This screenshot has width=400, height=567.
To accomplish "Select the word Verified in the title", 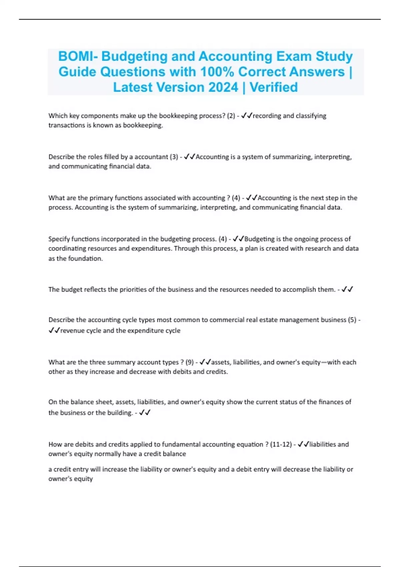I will point(274,87).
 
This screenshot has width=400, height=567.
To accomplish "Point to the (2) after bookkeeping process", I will point(231,116).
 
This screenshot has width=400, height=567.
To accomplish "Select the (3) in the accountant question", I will point(174,157).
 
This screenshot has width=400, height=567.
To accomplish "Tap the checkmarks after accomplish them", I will point(347,290).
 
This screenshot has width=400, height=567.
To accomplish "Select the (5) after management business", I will point(352,320).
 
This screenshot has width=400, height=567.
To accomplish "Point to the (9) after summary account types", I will point(190,362).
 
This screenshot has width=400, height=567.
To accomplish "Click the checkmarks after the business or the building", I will point(145,413).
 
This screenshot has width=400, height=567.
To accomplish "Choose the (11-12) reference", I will point(281,444).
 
